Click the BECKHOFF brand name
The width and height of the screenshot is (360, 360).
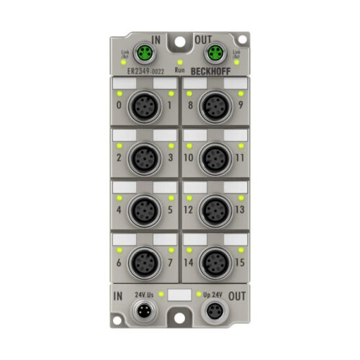point(213,71)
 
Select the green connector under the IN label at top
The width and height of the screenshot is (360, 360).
point(145,51)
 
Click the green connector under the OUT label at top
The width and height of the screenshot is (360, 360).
point(214,51)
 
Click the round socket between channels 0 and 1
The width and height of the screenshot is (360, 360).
point(145,107)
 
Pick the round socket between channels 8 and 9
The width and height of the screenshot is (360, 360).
point(215,107)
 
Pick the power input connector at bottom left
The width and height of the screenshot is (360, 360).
point(145,312)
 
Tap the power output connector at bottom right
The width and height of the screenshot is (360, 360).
point(214,312)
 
